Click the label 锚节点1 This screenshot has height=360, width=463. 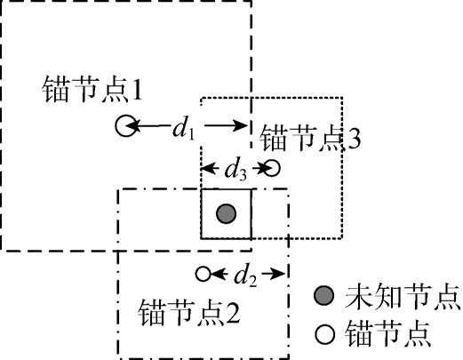click(92, 89)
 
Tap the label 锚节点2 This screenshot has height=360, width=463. click(189, 312)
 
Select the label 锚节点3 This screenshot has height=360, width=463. click(310, 138)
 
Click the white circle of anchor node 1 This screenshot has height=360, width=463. click(126, 125)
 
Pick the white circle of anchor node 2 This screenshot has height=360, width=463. click(204, 274)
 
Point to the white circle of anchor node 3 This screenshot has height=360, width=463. click(272, 168)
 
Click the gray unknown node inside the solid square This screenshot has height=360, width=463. click(226, 213)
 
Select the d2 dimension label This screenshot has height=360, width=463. click(245, 276)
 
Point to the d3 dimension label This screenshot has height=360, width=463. click(235, 170)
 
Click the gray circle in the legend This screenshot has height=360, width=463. click(324, 296)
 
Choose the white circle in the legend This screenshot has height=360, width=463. click(325, 334)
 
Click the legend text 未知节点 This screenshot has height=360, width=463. click(403, 297)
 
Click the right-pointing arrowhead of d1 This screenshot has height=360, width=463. click(240, 125)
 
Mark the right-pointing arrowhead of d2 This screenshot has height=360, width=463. click(279, 274)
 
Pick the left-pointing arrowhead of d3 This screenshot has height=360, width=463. click(209, 169)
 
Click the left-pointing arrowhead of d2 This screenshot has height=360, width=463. click(218, 274)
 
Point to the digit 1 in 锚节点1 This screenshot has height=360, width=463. click(137, 90)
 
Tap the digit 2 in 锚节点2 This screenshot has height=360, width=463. click(233, 313)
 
